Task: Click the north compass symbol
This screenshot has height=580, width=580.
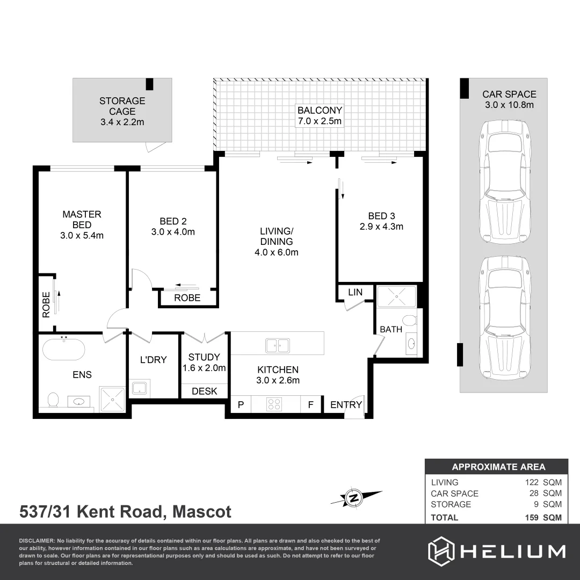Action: point(353,498)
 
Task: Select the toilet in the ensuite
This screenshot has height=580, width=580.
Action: point(53,400)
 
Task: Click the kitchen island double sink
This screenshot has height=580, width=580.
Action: point(278,345)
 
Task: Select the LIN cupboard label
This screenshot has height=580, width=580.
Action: point(355,292)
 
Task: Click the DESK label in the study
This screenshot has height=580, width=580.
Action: point(204,392)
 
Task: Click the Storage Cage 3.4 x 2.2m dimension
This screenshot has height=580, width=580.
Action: point(122,122)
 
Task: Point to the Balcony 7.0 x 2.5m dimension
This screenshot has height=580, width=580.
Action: point(320,121)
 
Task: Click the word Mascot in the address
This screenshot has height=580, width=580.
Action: point(202,512)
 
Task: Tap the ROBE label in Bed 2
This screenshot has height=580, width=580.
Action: point(187,298)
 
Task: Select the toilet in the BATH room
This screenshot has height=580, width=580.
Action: point(409,321)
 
